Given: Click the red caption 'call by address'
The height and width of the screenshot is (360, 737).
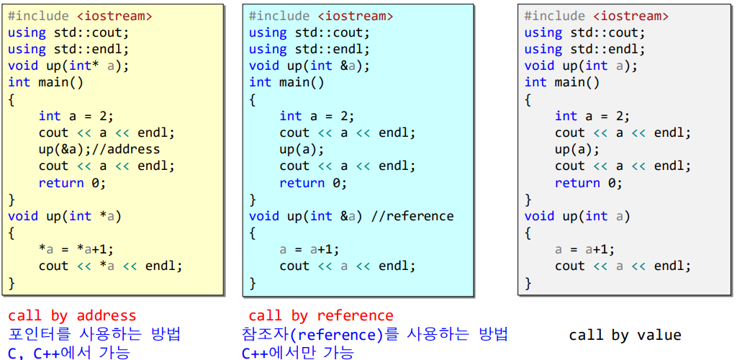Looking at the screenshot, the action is [x=72, y=315].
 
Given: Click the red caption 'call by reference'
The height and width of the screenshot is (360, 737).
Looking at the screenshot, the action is [x=321, y=315].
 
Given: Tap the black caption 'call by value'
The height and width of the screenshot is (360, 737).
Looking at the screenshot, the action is [x=625, y=335].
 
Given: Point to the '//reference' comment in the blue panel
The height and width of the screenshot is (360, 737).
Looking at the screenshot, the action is [x=413, y=216].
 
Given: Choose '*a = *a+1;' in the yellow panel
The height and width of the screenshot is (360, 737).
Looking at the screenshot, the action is [x=76, y=249].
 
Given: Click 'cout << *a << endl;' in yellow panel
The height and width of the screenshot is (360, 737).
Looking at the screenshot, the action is [x=111, y=266].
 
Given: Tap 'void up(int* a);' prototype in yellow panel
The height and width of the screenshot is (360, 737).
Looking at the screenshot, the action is [x=68, y=66].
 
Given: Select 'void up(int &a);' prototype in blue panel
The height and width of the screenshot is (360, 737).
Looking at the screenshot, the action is [x=309, y=66].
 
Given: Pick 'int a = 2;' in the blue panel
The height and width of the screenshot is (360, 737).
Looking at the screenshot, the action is [x=317, y=116].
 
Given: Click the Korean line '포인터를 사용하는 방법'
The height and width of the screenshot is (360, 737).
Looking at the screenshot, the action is [x=94, y=334].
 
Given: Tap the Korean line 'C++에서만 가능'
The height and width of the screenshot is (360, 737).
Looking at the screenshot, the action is [x=298, y=353].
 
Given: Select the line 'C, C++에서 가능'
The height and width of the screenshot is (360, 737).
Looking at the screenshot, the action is [x=69, y=353].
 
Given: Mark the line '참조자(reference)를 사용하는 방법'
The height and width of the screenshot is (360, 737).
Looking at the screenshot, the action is [x=375, y=334].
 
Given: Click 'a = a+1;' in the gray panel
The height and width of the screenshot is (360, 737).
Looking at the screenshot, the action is [x=584, y=249].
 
